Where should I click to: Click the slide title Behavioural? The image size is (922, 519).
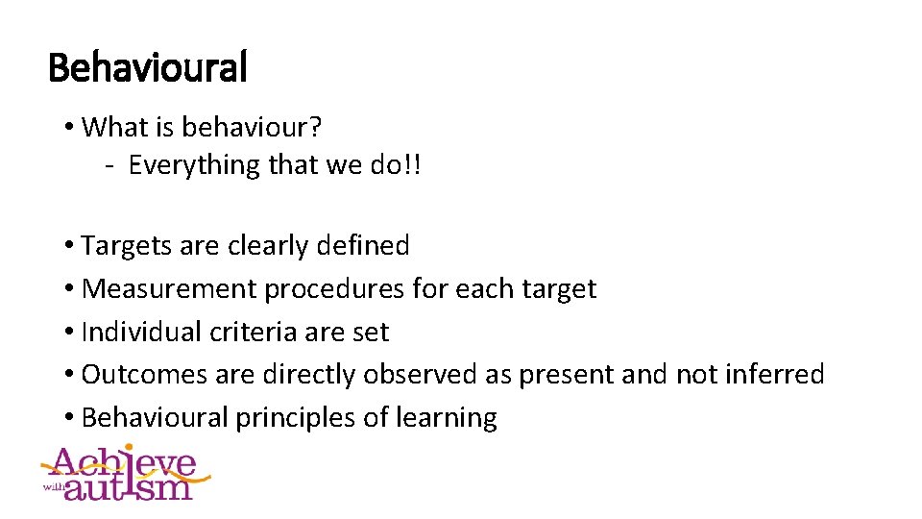click(x=147, y=68)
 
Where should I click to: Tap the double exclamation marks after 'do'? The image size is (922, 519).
click(x=412, y=165)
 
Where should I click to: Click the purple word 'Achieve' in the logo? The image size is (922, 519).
click(x=125, y=463)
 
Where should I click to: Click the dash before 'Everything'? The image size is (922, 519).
click(x=111, y=165)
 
